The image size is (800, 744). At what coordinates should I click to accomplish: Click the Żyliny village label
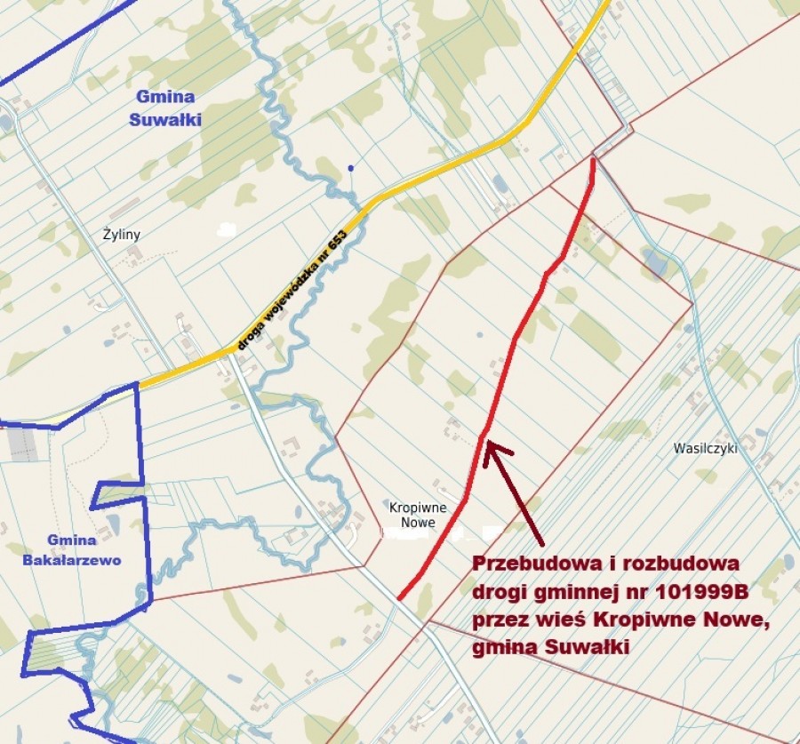[122, 235]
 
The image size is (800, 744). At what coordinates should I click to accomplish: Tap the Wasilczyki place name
[707, 449]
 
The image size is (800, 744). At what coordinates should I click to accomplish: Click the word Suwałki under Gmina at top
[165, 118]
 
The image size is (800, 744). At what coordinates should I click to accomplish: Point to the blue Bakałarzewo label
[72, 560]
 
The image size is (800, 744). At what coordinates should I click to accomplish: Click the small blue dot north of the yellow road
[351, 167]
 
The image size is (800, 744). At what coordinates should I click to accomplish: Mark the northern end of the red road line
[593, 160]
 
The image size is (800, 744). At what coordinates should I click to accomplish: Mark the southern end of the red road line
[399, 597]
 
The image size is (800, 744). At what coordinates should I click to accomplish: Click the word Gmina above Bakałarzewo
[71, 540]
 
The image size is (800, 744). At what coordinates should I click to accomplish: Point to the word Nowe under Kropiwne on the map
[418, 523]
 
